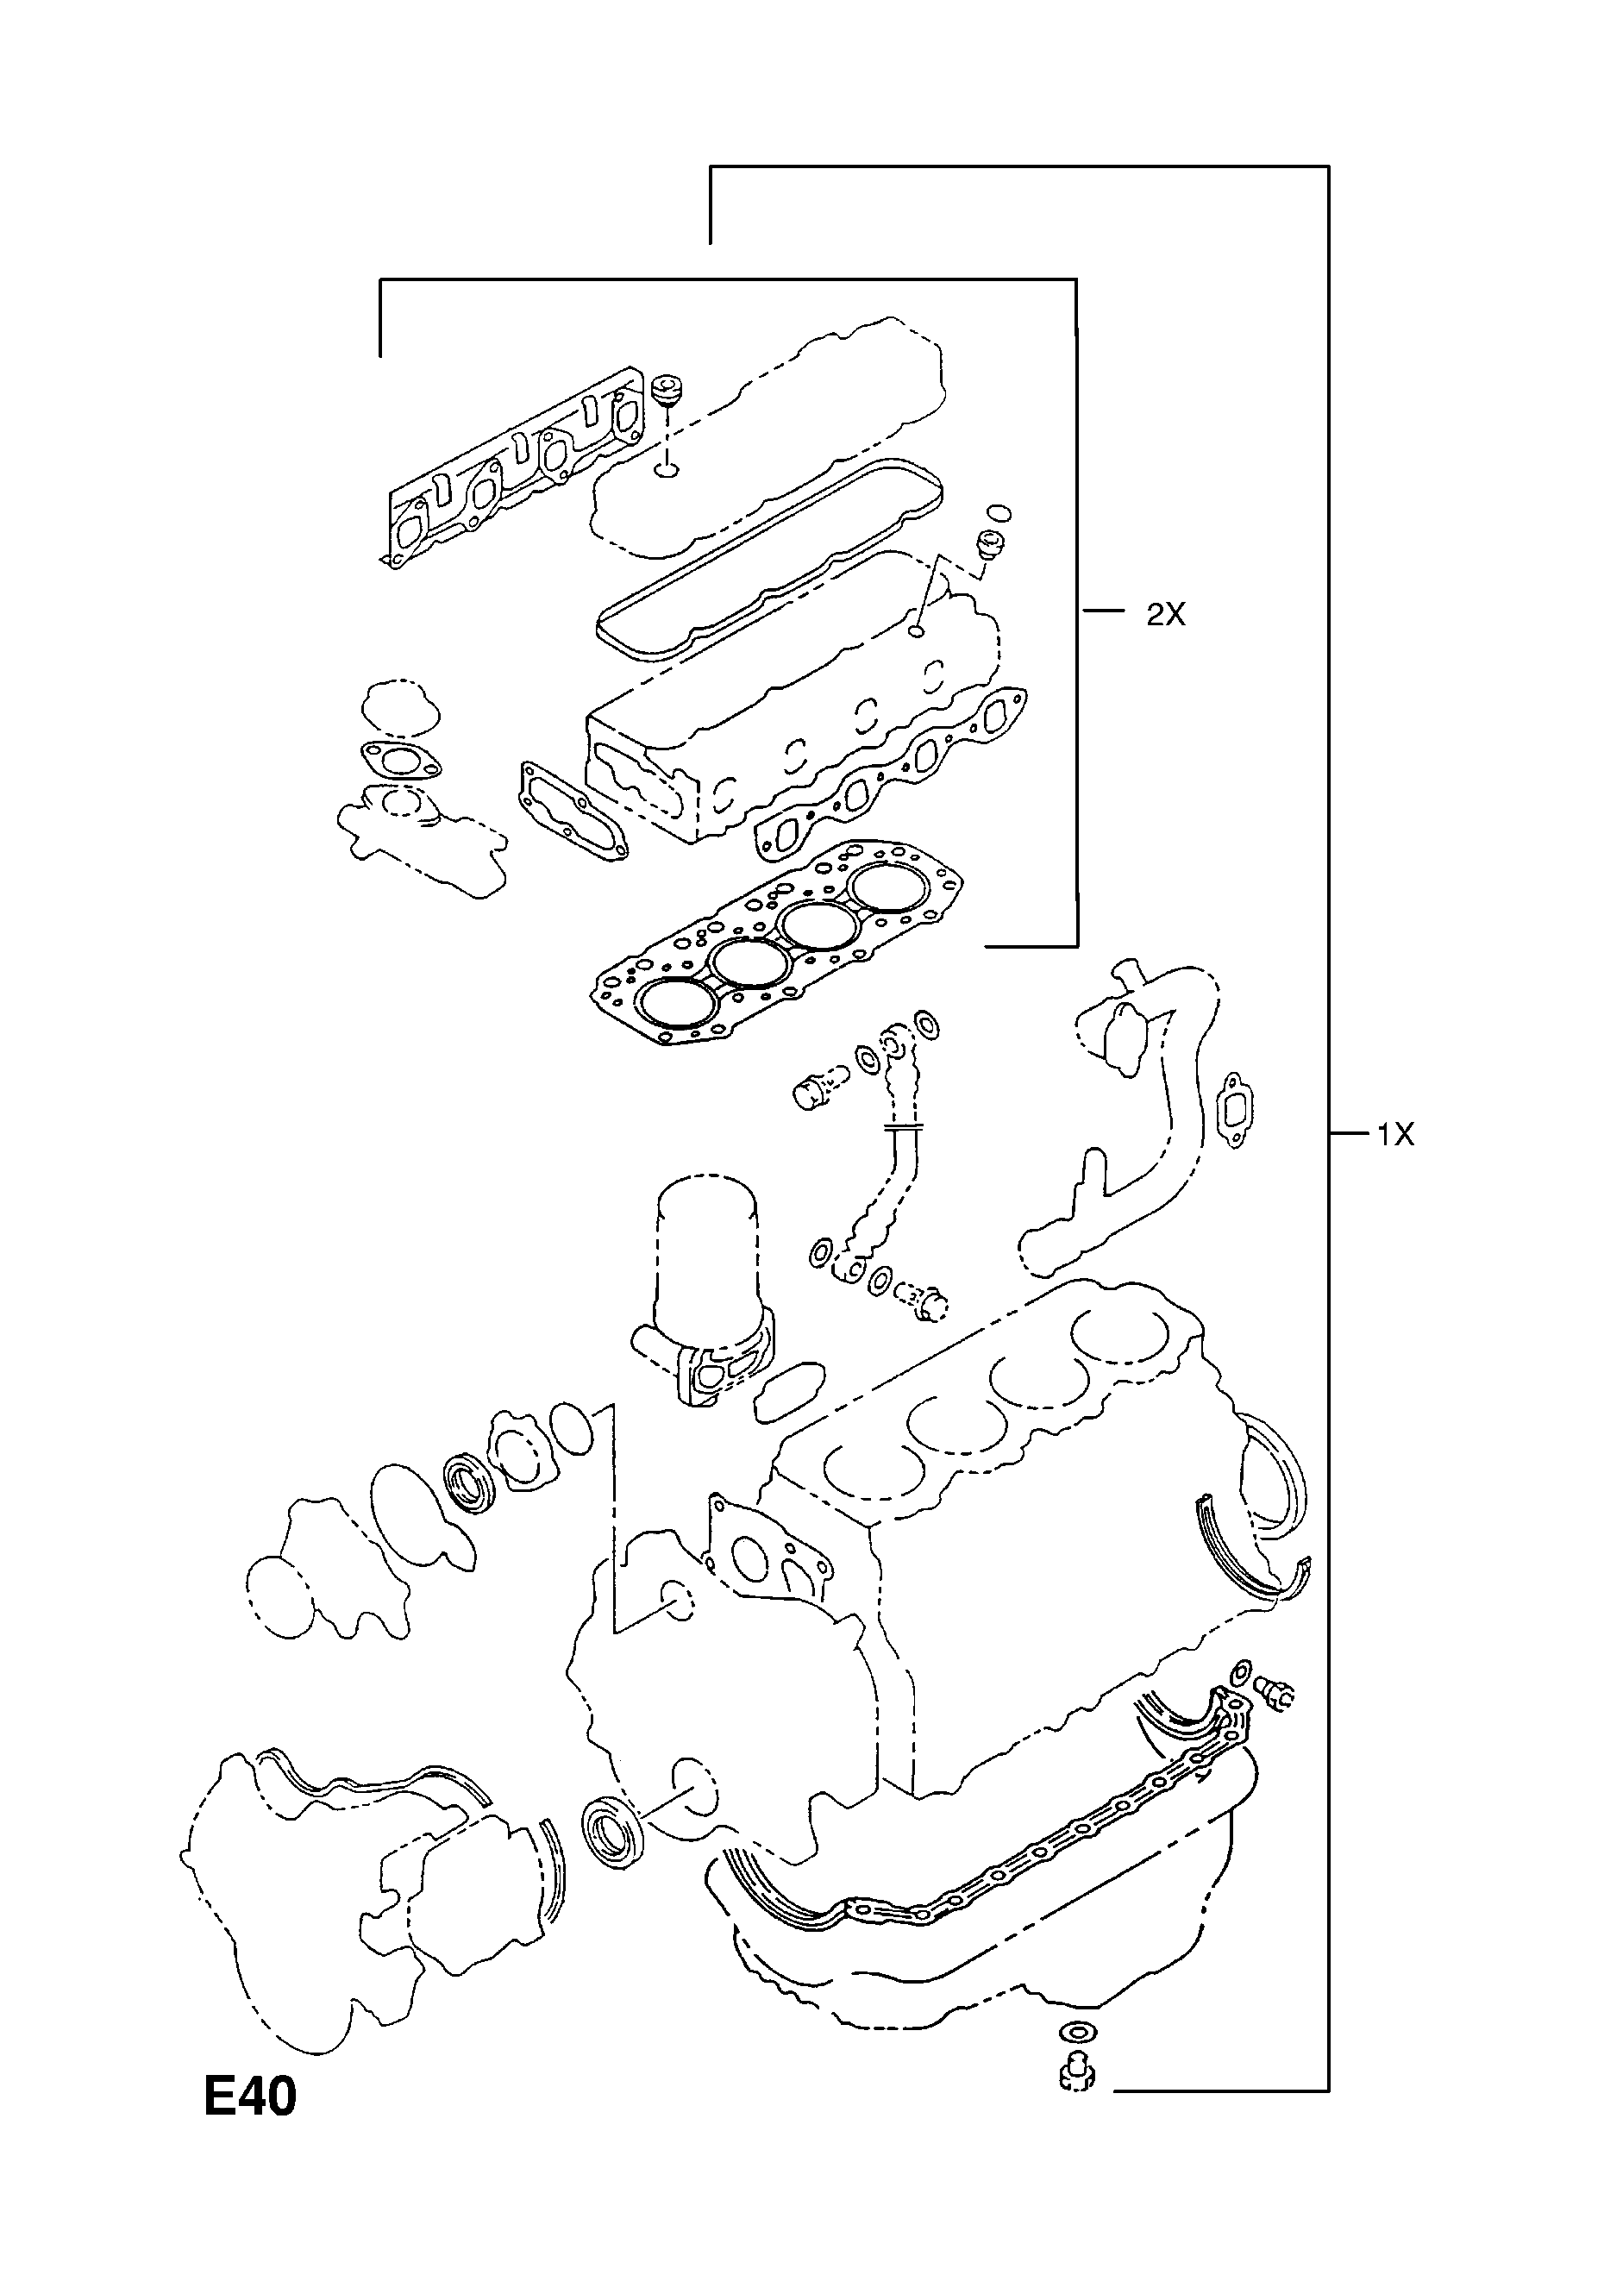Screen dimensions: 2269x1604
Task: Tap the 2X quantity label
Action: (1165, 615)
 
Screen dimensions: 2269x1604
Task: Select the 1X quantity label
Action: (1395, 1135)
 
